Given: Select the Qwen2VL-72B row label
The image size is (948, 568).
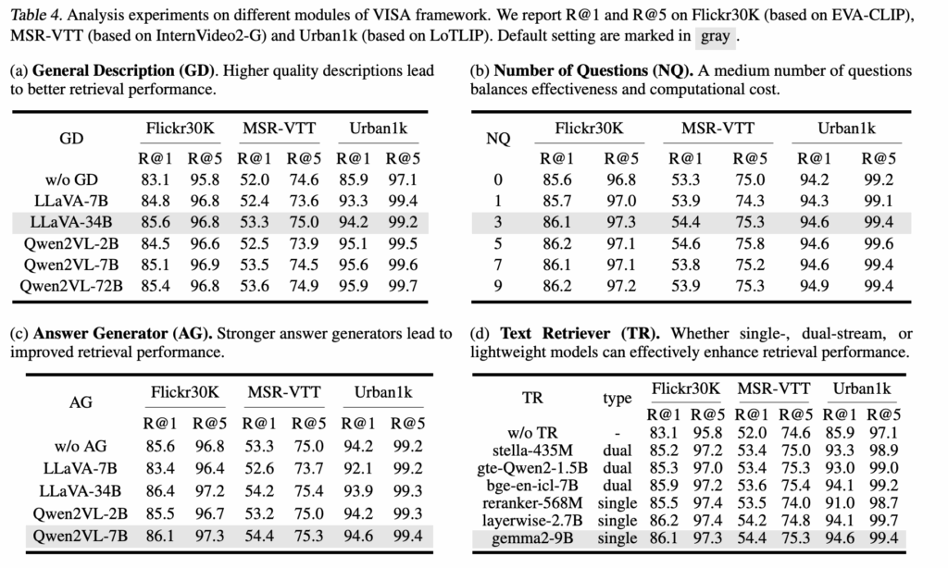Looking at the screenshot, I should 71,286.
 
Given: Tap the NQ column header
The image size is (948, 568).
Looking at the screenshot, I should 499,139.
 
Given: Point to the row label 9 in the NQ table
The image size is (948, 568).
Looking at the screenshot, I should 499,286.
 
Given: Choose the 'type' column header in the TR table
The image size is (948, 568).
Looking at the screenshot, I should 617,399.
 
